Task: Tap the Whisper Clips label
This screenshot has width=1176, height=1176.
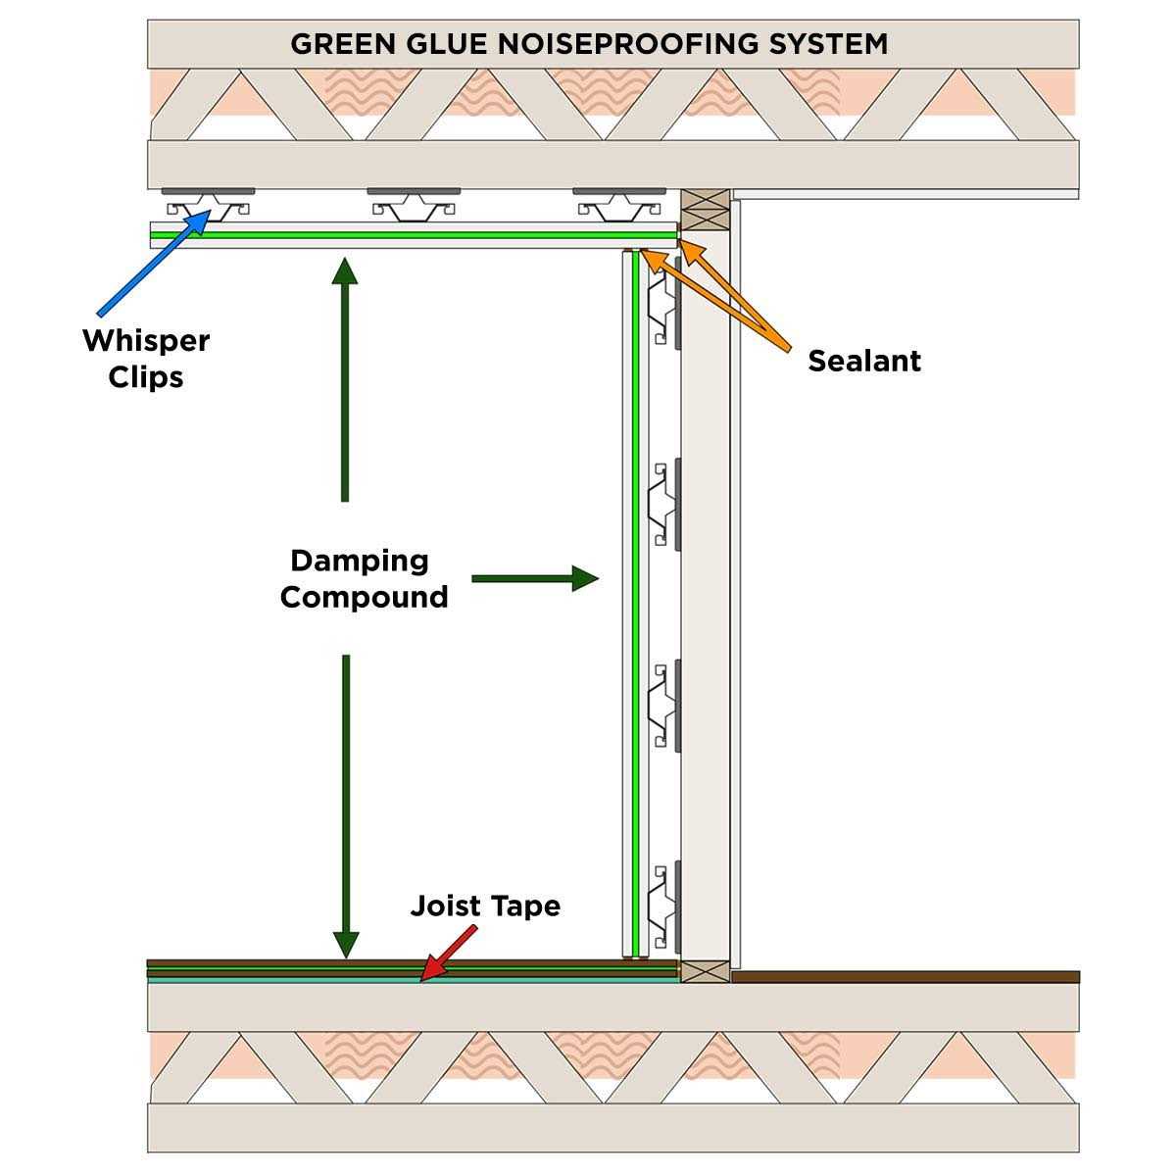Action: click(146, 359)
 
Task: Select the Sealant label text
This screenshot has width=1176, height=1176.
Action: click(864, 361)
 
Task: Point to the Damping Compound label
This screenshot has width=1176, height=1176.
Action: click(364, 578)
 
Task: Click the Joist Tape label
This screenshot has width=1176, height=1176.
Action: click(485, 906)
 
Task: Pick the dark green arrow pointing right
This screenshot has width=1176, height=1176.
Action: click(534, 578)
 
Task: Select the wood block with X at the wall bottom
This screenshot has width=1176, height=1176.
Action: click(705, 971)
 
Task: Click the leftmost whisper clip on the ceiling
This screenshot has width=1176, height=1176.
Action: click(208, 203)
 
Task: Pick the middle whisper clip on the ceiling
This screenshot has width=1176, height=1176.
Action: click(414, 203)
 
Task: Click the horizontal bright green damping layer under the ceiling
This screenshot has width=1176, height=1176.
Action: click(412, 235)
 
